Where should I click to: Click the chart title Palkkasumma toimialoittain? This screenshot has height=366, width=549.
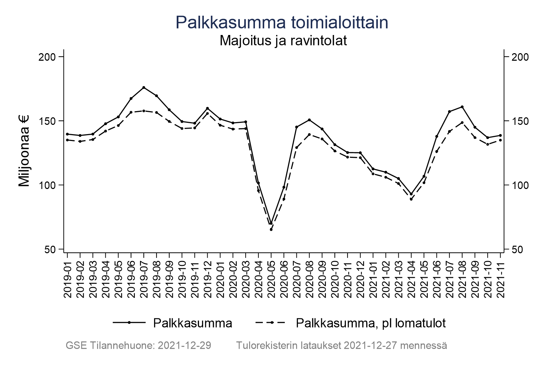(x=282, y=23)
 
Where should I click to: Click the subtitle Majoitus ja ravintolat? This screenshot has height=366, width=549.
(x=283, y=40)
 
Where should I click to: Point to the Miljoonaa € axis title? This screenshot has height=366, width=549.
(x=24, y=151)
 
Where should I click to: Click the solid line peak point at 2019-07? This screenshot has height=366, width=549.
(x=144, y=87)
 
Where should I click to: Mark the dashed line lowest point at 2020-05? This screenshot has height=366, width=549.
(x=271, y=229)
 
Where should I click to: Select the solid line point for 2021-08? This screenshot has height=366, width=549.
(x=462, y=107)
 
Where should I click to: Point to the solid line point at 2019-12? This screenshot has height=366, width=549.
(x=208, y=108)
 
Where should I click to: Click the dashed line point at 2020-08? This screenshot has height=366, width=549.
(x=309, y=134)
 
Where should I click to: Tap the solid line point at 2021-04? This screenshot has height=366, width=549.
(x=411, y=194)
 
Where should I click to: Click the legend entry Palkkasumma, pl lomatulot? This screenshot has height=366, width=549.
(x=371, y=323)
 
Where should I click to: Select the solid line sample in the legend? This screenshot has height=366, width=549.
(x=129, y=322)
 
